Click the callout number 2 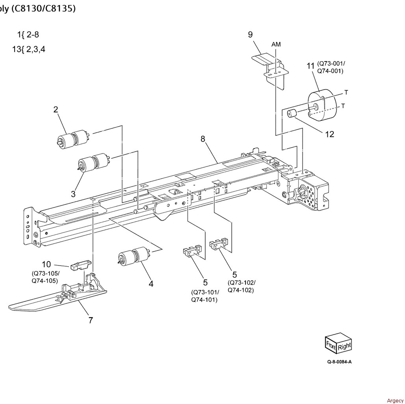[x=56, y=109]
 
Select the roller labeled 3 [x=93, y=163]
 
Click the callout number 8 [x=203, y=139]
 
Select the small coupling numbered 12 [x=292, y=114]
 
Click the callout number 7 [x=91, y=320]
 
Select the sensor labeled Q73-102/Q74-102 [x=219, y=243]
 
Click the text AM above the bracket [x=276, y=44]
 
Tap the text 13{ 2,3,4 [x=28, y=49]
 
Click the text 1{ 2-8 [x=28, y=35]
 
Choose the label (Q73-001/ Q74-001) [x=331, y=67]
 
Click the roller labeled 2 [x=73, y=139]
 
